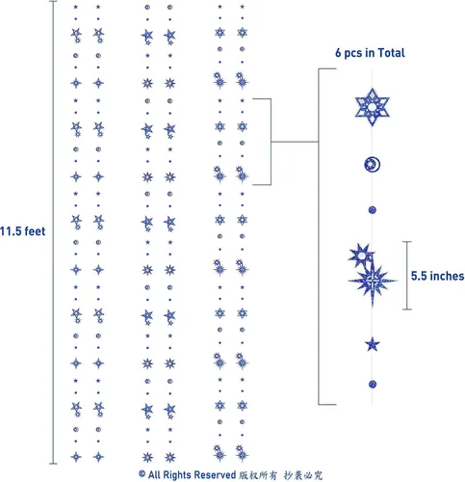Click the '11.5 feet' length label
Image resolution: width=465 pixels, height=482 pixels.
tap(22, 231)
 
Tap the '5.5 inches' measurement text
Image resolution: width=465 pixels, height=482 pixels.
tap(438, 276)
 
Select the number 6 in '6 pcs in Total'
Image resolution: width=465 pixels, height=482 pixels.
tap(338, 53)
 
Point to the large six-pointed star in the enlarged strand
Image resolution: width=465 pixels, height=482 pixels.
tap(372, 107)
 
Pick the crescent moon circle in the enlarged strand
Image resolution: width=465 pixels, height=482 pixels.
tap(373, 165)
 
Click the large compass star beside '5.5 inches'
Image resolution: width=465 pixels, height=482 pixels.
tap(373, 281)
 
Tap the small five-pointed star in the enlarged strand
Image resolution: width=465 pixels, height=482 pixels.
tap(373, 345)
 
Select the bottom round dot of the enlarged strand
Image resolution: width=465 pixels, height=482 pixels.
tap(373, 384)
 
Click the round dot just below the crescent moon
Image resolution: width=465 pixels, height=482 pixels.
tap(373, 210)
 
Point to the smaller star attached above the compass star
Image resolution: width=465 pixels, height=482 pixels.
tap(361, 255)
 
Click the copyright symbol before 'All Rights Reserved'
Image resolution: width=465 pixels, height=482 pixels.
tap(142, 473)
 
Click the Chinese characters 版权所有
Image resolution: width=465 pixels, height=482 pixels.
tap(258, 475)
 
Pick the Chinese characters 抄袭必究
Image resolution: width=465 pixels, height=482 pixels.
tap(303, 475)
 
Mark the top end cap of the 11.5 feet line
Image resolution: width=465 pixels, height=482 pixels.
tap(53, 1)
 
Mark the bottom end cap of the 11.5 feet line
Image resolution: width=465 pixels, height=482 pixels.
tap(53, 464)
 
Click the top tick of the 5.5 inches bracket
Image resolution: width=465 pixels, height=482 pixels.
tap(407, 241)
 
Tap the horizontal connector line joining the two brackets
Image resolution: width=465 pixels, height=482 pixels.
tap(295, 142)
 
